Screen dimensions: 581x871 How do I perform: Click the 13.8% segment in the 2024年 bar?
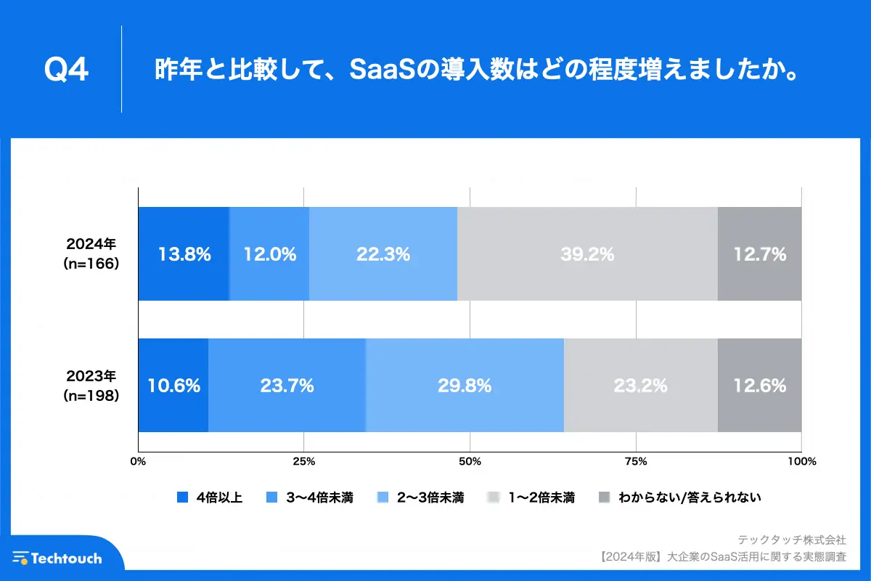[184, 254]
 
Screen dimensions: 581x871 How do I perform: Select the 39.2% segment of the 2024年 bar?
[587, 254]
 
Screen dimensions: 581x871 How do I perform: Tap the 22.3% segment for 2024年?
[383, 254]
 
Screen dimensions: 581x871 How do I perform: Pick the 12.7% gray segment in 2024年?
[759, 254]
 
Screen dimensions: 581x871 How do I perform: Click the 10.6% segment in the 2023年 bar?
[173, 386]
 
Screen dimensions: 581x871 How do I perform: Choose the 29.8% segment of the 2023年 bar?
[465, 386]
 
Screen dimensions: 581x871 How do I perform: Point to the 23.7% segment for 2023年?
[287, 386]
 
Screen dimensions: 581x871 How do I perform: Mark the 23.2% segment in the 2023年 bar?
[640, 386]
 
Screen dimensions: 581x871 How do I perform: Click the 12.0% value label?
[269, 254]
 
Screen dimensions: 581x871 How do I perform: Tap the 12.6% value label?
[759, 386]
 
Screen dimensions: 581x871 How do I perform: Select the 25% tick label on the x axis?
[303, 461]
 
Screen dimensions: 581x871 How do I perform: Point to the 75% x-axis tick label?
[636, 461]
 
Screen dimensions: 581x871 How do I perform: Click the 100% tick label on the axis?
[801, 461]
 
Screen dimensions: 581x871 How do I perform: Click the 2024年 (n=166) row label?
[91, 254]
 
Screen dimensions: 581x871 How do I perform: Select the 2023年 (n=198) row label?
[91, 386]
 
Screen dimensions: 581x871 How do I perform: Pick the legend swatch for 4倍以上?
[182, 497]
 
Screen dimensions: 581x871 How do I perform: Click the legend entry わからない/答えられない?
[689, 497]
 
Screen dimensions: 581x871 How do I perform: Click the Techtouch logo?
[57, 558]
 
